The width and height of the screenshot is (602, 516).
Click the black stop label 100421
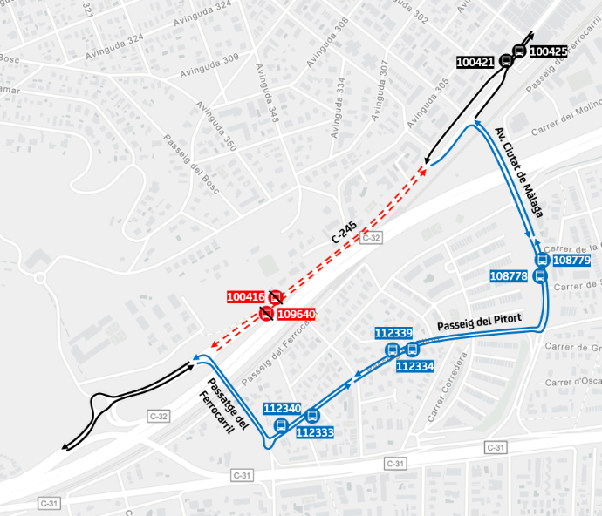point(475,62)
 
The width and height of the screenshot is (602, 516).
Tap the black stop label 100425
point(549,51)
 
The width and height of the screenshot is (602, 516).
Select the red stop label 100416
point(246,297)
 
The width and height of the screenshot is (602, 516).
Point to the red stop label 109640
point(297,314)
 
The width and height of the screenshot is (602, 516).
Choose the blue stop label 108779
point(572,260)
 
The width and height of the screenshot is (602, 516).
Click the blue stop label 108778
point(509,276)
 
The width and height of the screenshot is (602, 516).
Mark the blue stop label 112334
point(415,366)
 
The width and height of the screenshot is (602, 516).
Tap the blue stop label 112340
point(282,408)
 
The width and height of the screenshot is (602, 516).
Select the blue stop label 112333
point(315,431)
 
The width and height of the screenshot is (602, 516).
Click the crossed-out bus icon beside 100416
point(276,297)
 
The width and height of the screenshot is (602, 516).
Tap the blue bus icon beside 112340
point(281,425)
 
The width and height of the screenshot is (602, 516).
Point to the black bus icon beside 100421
point(506,62)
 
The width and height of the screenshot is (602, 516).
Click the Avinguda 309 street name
point(218,59)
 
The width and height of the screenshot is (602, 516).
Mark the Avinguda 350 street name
point(215,126)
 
